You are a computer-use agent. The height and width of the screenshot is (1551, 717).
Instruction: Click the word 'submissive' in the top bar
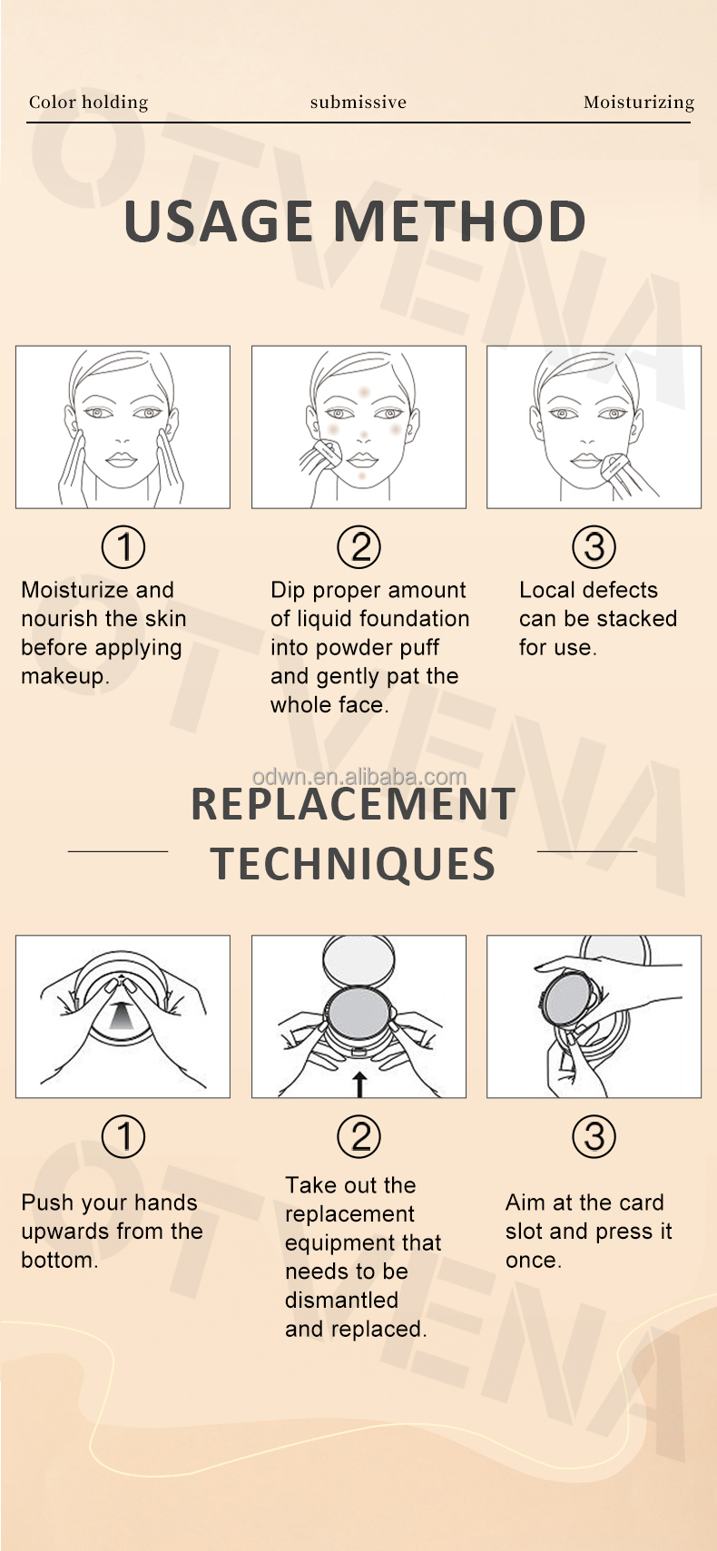(358, 103)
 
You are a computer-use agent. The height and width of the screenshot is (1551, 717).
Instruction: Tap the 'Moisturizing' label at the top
(639, 103)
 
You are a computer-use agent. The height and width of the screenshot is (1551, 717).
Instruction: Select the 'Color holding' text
(89, 103)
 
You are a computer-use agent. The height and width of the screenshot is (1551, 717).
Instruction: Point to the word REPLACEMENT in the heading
(353, 805)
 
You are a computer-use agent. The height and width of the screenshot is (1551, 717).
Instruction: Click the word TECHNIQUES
(353, 864)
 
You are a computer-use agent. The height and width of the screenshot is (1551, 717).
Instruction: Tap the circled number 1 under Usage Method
(123, 546)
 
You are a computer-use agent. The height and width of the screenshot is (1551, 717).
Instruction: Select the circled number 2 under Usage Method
(358, 546)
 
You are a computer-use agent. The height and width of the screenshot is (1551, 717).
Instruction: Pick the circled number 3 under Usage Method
(594, 546)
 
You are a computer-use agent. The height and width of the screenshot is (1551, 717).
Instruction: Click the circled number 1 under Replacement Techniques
(123, 1136)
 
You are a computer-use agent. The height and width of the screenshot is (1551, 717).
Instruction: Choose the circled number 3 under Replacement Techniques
(594, 1136)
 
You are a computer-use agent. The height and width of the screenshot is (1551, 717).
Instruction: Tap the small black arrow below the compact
(358, 1085)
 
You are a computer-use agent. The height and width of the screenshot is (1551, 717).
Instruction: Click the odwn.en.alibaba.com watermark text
(358, 777)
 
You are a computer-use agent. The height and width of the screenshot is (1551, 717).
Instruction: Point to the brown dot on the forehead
(364, 393)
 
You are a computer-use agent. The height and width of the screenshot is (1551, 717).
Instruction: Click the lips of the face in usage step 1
(122, 460)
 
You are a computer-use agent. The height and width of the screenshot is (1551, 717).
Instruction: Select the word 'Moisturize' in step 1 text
(75, 590)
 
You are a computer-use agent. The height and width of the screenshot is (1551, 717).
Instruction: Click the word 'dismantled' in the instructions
(341, 1300)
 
